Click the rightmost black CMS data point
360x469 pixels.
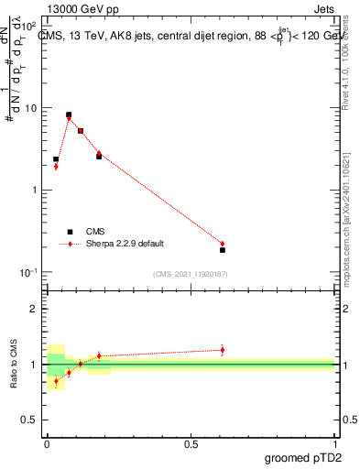click(223, 250)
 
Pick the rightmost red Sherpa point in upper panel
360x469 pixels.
click(223, 244)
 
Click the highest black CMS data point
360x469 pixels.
click(69, 115)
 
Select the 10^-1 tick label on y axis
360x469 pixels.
click(29, 273)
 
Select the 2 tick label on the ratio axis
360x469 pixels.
click(36, 309)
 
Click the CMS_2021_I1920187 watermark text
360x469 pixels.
click(191, 273)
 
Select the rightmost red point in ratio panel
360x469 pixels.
click(223, 350)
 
